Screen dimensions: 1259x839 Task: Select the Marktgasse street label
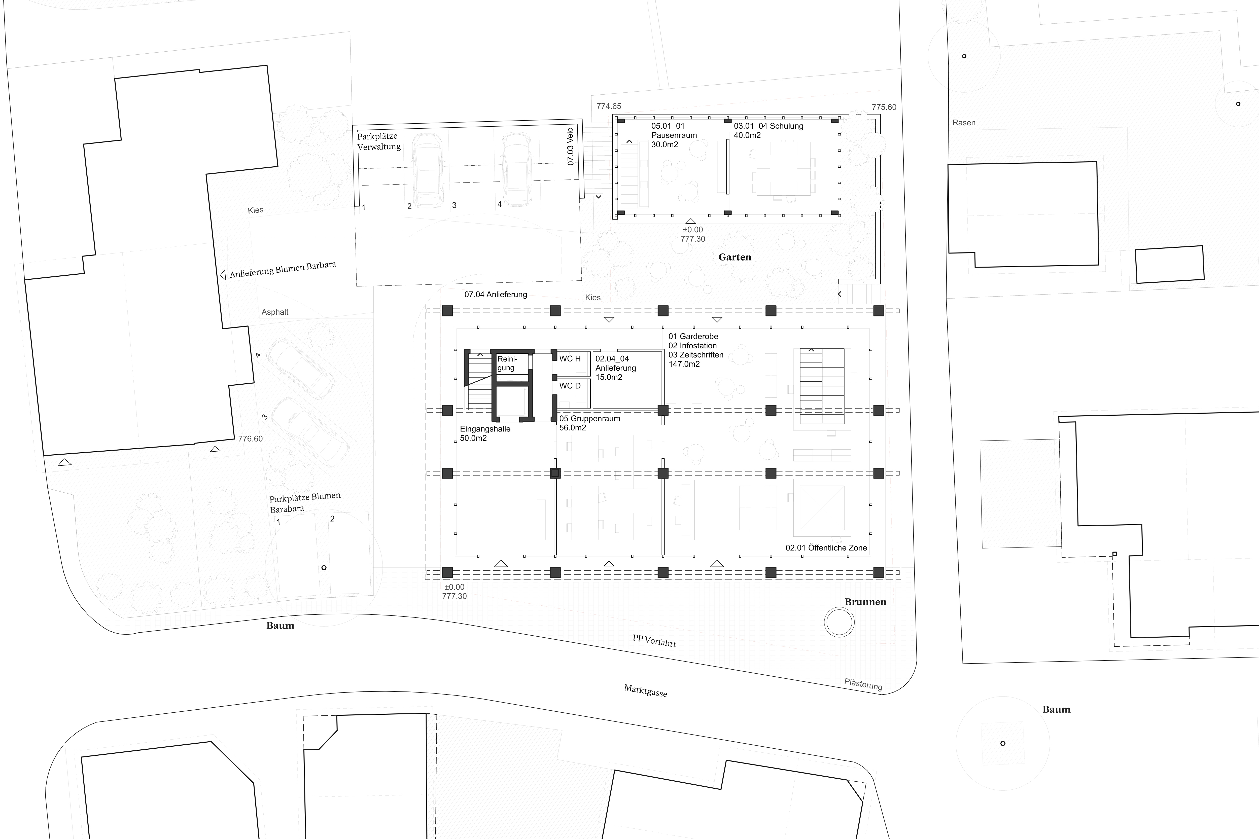[x=646, y=691]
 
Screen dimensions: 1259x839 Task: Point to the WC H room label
[x=570, y=358]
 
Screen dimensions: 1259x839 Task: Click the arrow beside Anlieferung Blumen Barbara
[x=223, y=275]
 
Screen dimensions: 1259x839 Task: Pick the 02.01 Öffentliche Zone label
[x=826, y=548]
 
